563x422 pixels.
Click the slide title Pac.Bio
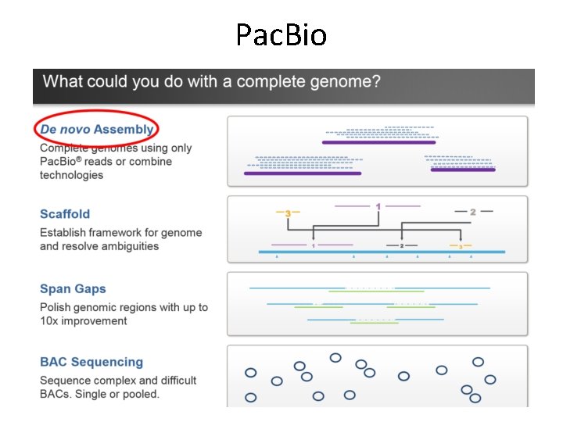point(281,34)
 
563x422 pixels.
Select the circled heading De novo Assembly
point(97,129)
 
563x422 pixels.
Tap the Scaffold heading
point(65,213)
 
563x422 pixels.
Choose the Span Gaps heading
point(73,289)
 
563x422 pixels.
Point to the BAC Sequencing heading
point(91,362)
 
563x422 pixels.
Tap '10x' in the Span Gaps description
point(52,321)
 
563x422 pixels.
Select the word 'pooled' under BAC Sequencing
point(138,394)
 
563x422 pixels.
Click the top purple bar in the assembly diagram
point(378,142)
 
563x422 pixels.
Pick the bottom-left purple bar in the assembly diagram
point(303,173)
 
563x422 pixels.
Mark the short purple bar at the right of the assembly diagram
point(462,169)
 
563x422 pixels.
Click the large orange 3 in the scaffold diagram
point(288,213)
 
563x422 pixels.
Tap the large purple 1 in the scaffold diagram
point(378,207)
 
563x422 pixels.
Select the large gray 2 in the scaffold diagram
point(472,212)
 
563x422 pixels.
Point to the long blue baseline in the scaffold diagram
point(382,252)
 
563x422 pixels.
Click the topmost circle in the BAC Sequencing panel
point(335,358)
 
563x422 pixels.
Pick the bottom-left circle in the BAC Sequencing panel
point(251,397)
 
